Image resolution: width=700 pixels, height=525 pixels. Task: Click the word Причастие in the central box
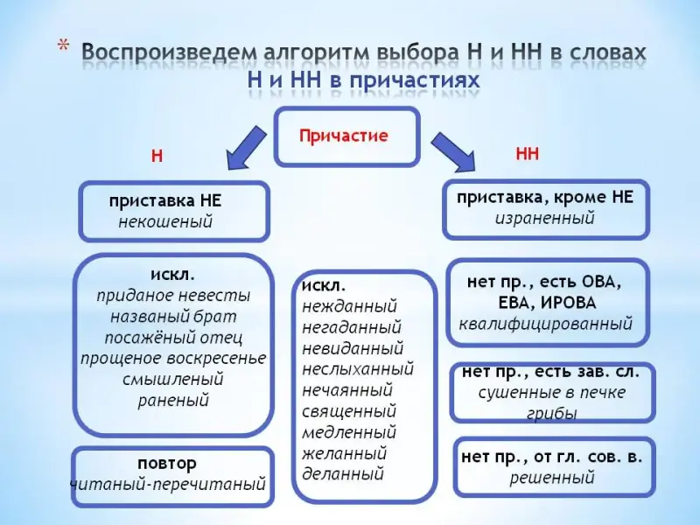click(x=343, y=136)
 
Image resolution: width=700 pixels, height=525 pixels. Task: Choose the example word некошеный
click(x=165, y=221)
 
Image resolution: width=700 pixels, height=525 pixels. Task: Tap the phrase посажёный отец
click(x=173, y=337)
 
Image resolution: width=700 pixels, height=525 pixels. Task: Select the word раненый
click(x=173, y=401)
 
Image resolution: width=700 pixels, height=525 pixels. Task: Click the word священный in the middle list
click(x=349, y=410)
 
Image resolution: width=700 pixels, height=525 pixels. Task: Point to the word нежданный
click(x=349, y=306)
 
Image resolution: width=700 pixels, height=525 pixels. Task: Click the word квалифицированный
click(x=546, y=324)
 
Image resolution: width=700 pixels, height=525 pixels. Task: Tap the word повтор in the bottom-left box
click(x=167, y=462)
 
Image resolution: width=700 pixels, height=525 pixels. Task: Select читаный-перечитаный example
click(x=167, y=484)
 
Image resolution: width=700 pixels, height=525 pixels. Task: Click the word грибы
click(x=552, y=413)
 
